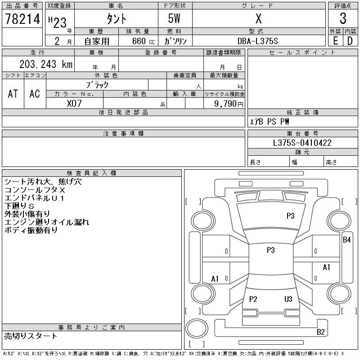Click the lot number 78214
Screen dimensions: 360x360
click(22, 19)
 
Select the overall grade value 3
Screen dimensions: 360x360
click(343, 19)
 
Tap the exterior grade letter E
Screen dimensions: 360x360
click(335, 41)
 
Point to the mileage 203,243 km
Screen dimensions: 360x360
click(45, 64)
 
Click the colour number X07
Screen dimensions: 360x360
click(74, 103)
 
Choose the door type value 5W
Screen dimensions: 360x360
click(175, 19)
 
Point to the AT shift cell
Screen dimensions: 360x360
click(13, 94)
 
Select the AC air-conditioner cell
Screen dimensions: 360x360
click(35, 94)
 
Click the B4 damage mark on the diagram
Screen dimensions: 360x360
click(346, 240)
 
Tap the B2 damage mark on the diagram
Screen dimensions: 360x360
click(321, 332)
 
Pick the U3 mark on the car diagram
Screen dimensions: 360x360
click(288, 299)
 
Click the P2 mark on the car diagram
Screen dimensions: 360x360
click(253, 299)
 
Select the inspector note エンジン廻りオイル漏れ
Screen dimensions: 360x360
click(47, 222)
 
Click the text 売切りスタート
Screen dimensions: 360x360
click(31, 336)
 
